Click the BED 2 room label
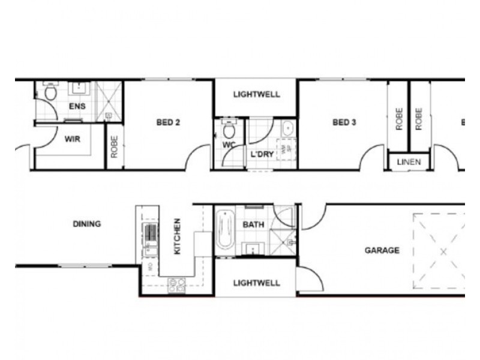click(x=168, y=123)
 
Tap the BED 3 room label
click(x=344, y=123)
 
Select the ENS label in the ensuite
click(x=77, y=107)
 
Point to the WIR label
click(x=72, y=138)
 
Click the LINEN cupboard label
click(x=409, y=162)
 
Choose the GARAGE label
click(x=382, y=250)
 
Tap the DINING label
click(x=87, y=224)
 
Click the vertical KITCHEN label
click(x=177, y=236)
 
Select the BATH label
click(x=253, y=224)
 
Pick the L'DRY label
click(x=262, y=154)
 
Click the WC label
click(x=229, y=145)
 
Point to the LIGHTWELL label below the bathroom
click(x=256, y=283)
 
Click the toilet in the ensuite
click(x=50, y=92)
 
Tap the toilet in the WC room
click(x=228, y=130)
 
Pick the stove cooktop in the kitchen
click(x=176, y=284)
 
